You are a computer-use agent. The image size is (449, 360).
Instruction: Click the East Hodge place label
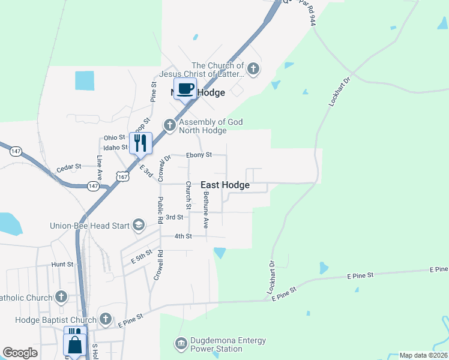(x=224, y=185)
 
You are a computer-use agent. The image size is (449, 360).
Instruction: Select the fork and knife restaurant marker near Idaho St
(x=140, y=143)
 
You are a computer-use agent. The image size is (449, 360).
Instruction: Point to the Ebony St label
(x=199, y=155)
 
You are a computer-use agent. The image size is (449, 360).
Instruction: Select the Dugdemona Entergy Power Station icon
(x=181, y=343)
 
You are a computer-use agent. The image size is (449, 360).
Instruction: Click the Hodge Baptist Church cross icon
(x=106, y=319)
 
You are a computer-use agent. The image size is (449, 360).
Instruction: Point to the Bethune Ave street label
(x=205, y=210)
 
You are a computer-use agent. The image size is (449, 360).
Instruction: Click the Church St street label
(x=188, y=196)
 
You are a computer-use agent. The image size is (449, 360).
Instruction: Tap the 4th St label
(x=182, y=236)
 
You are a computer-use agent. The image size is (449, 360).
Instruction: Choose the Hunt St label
(x=62, y=263)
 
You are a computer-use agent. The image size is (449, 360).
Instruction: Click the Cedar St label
(x=69, y=166)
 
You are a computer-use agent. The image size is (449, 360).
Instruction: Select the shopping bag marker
(x=75, y=346)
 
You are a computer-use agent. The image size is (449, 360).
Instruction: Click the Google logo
(x=20, y=353)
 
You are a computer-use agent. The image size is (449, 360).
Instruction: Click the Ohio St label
(x=114, y=137)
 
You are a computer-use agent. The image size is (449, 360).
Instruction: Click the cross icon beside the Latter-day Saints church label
(x=253, y=69)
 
